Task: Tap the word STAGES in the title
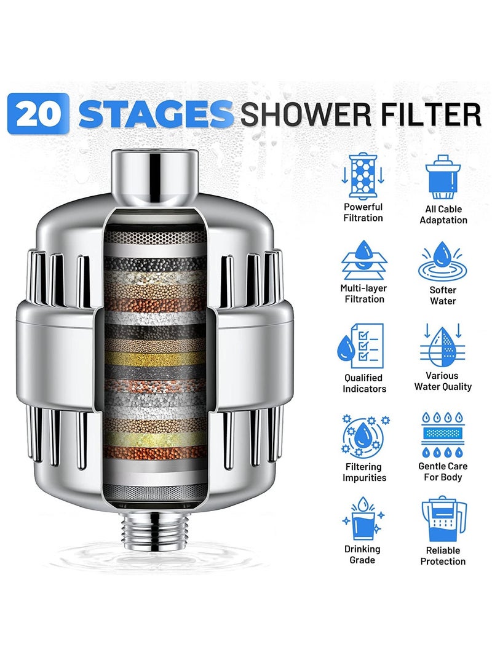(x=156, y=114)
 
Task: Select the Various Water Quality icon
(x=443, y=346)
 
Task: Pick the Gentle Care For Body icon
(x=443, y=433)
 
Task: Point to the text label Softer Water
(x=443, y=295)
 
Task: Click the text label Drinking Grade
(x=363, y=554)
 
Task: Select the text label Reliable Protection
(x=443, y=556)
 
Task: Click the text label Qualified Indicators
(x=363, y=383)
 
